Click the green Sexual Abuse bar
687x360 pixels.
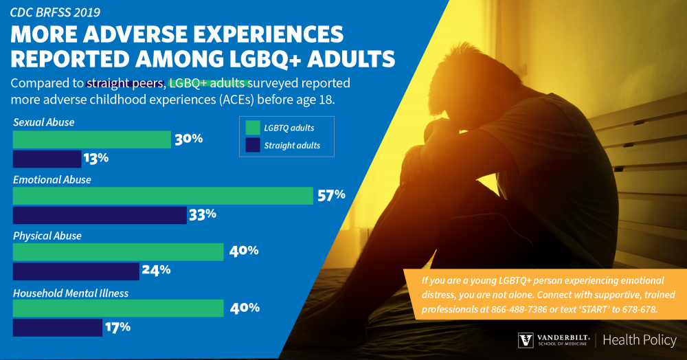click(x=91, y=139)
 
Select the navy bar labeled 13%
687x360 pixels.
click(x=47, y=159)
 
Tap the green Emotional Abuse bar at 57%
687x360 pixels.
click(x=163, y=196)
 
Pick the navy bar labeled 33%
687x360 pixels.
click(x=100, y=215)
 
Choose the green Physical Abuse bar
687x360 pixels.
click(x=118, y=251)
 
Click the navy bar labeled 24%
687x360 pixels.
click(x=76, y=271)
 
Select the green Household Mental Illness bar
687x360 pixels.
click(x=118, y=308)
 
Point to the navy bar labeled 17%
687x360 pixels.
click(x=58, y=328)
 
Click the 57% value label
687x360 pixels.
click(x=330, y=195)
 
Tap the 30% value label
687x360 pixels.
click(x=188, y=139)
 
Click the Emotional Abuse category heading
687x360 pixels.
click(x=52, y=179)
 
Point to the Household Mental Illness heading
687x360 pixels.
click(x=71, y=293)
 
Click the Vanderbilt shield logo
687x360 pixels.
click(x=525, y=341)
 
